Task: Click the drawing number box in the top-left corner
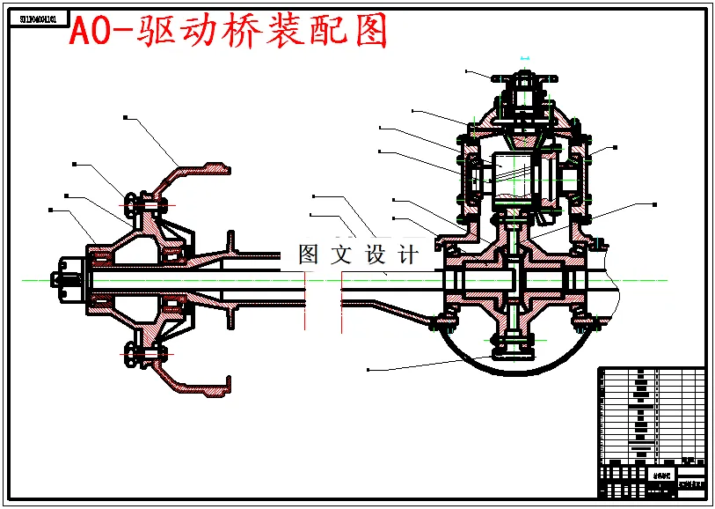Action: (x=38, y=18)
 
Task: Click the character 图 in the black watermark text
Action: (x=309, y=255)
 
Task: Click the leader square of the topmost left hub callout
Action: (x=126, y=117)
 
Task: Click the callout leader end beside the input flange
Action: (x=467, y=71)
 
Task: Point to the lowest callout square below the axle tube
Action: (x=368, y=368)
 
